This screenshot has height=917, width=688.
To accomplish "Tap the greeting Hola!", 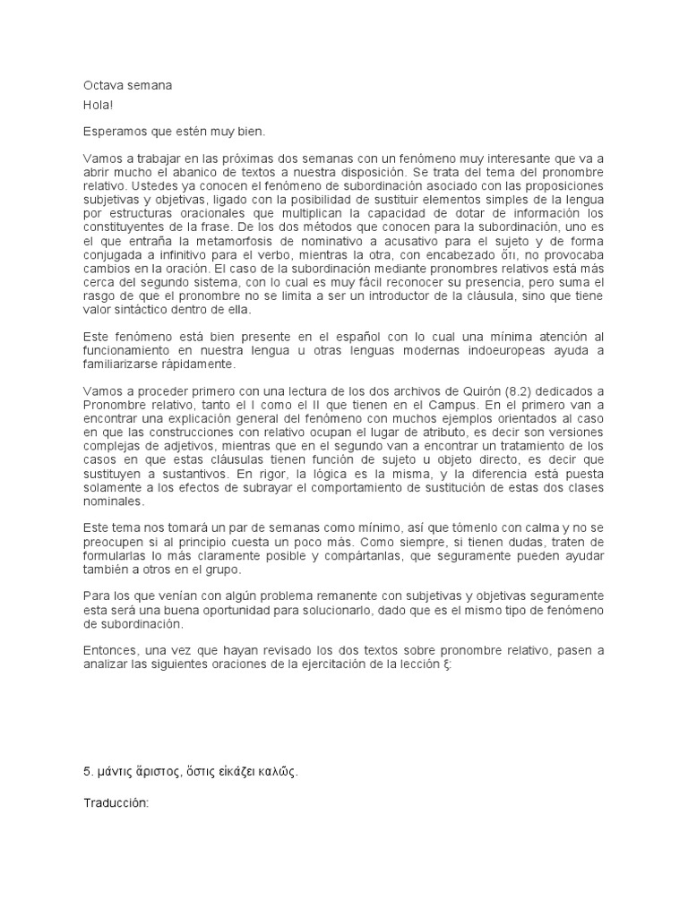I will pyautogui.click(x=98, y=105).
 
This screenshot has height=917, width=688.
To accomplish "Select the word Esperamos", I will pyautogui.click(x=113, y=131).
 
